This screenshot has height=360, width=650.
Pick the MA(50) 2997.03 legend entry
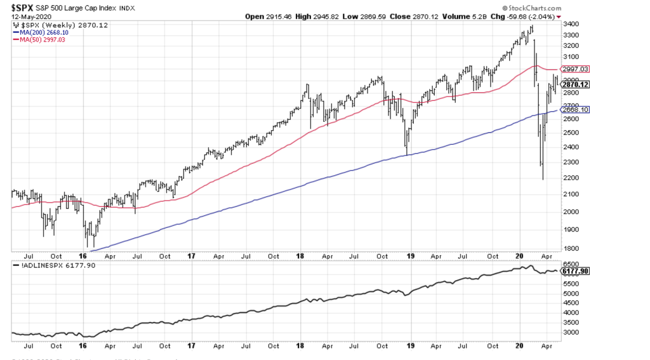click(43, 39)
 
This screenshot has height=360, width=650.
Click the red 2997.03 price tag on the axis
click(576, 69)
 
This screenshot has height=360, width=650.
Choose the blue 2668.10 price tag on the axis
click(576, 110)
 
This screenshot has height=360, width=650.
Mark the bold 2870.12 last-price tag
click(576, 84)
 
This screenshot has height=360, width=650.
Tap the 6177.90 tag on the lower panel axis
click(576, 271)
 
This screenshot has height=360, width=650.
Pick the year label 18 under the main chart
click(300, 257)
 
